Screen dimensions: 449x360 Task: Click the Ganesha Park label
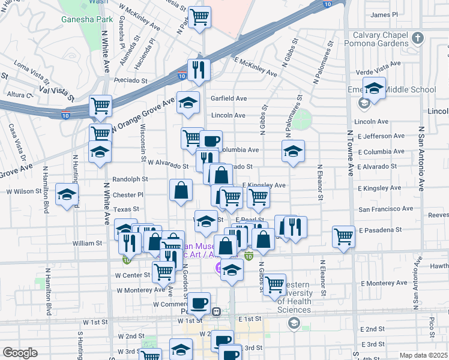click(x=87, y=19)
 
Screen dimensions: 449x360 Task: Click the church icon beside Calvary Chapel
click(x=418, y=38)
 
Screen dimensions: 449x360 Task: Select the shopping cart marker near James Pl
click(x=199, y=16)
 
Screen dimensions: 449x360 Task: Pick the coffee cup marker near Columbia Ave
click(x=211, y=141)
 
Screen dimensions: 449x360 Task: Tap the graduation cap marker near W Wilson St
click(x=67, y=194)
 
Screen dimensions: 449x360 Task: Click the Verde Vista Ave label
click(x=378, y=64)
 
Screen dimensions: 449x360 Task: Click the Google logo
click(x=20, y=353)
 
